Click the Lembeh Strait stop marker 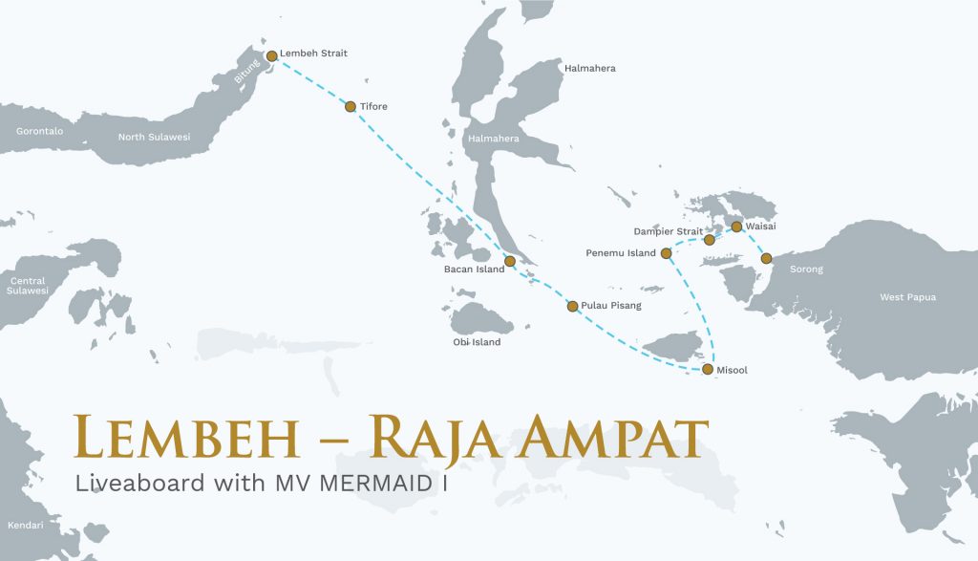click(x=271, y=56)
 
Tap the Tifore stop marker click(x=351, y=107)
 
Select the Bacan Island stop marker click(x=510, y=261)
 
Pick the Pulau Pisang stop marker click(x=572, y=307)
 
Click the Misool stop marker click(x=707, y=369)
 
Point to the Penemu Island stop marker click(x=666, y=253)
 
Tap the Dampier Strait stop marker click(x=709, y=240)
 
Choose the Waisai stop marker click(x=736, y=227)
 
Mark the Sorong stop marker click(x=765, y=258)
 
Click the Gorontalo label click(x=39, y=131)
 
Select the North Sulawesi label click(x=154, y=137)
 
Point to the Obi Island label click(x=477, y=342)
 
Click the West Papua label click(x=907, y=297)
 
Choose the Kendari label click(x=25, y=526)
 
